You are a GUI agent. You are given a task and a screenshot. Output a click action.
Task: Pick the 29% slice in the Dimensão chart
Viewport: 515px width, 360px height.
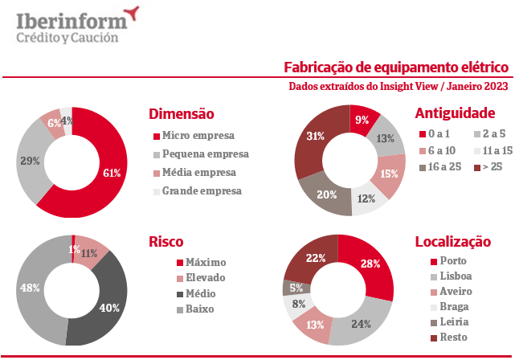(33, 162)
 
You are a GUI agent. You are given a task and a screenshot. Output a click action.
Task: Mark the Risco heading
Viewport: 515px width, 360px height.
(166, 241)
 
